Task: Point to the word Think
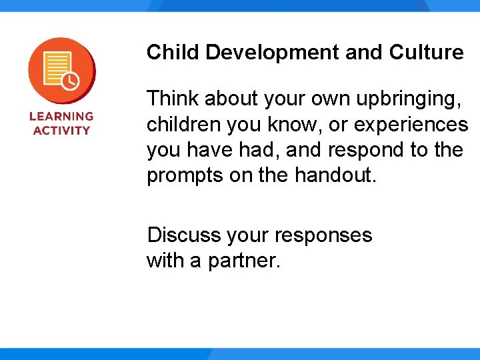[x=173, y=99]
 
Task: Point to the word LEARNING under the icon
[x=61, y=116]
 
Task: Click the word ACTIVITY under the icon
[x=61, y=130]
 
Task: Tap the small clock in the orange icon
[x=70, y=82]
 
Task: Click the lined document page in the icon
[x=56, y=67]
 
